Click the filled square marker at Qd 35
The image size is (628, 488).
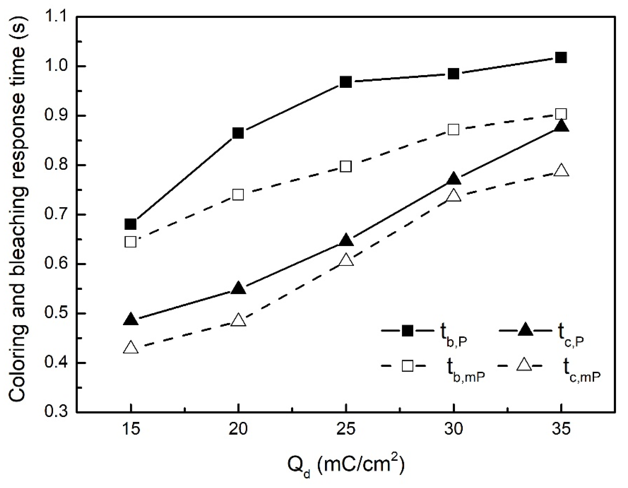tap(561, 58)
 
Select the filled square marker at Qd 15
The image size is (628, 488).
tap(131, 224)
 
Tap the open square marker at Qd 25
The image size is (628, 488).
tap(346, 167)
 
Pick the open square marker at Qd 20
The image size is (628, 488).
tap(238, 195)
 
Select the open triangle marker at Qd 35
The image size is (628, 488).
tap(561, 171)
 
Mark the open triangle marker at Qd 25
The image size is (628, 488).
tap(346, 260)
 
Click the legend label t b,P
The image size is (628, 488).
tap(453, 335)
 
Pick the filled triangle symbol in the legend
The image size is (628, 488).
tap(525, 331)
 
